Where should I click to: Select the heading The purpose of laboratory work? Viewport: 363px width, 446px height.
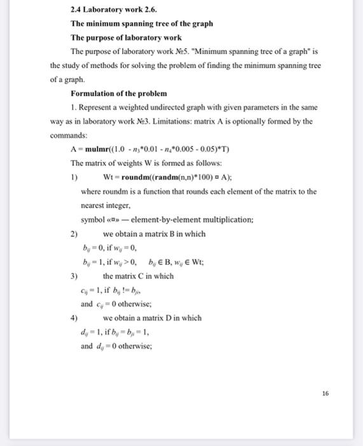126,38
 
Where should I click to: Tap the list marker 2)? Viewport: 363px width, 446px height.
74,234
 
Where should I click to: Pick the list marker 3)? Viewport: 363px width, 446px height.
74,276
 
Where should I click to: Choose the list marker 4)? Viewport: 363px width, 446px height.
74,318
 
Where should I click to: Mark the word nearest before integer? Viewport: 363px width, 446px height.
96,206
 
